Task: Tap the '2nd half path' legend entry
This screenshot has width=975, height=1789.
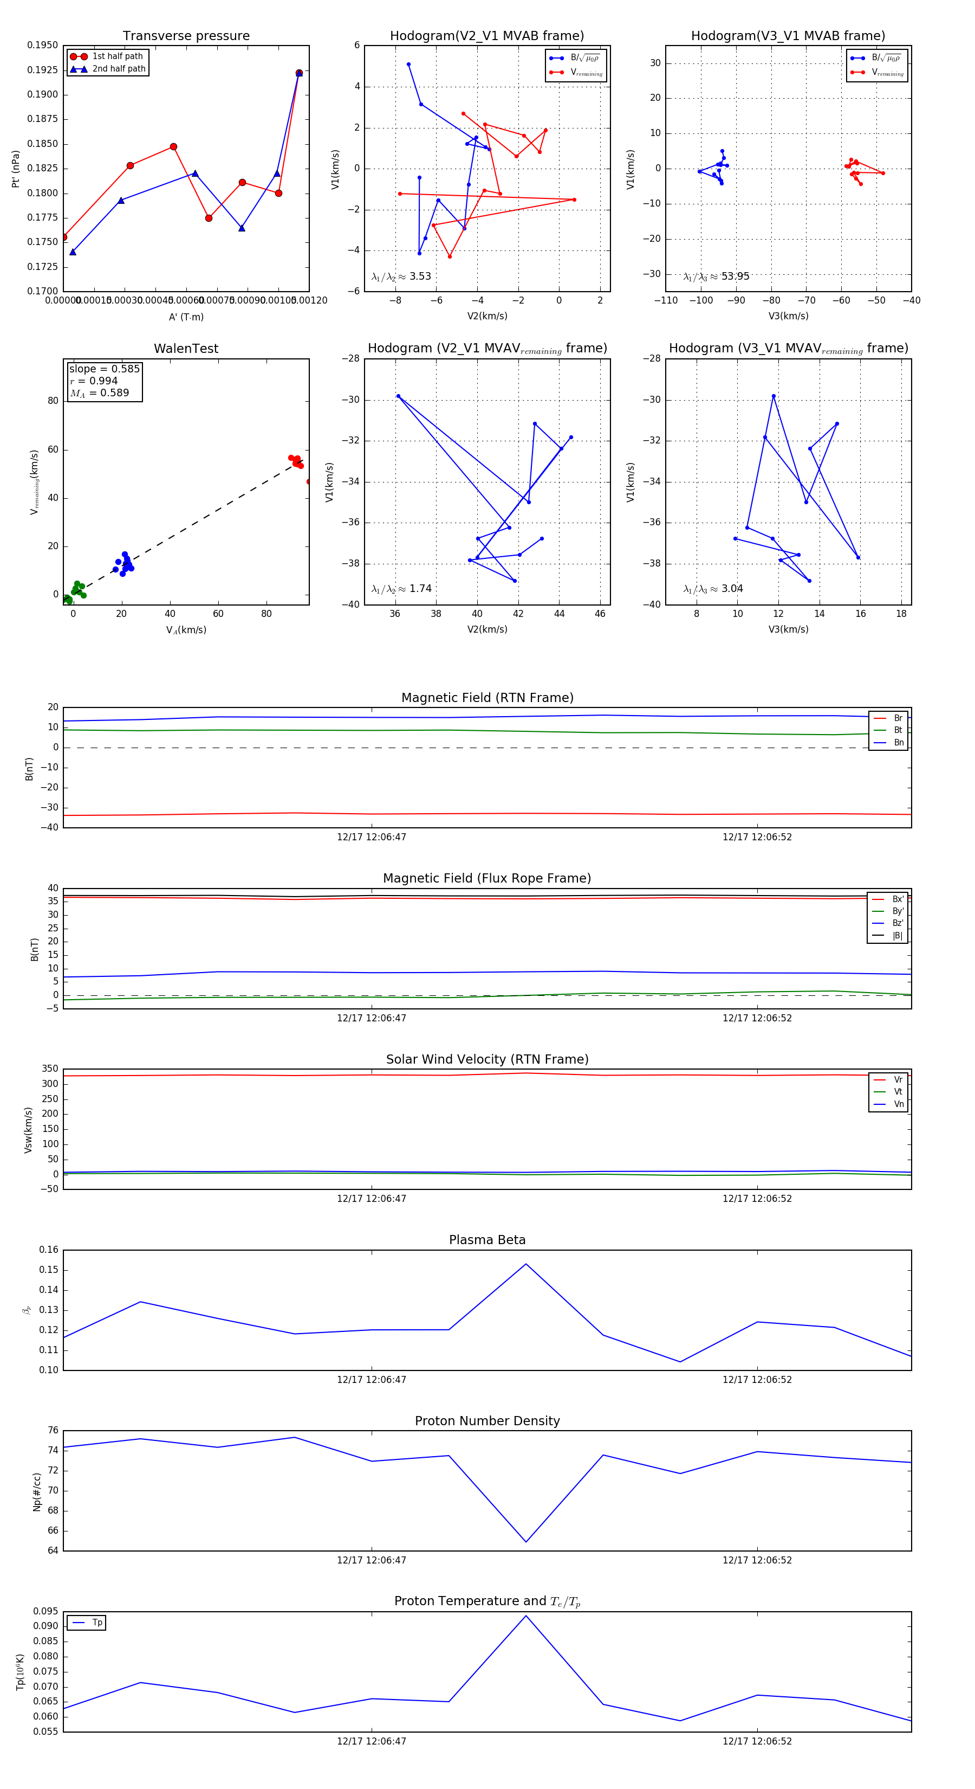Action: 119,69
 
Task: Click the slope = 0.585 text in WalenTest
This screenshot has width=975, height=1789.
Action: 104,369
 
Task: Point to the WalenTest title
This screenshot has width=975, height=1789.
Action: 186,349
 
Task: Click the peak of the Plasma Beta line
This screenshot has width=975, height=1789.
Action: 526,1264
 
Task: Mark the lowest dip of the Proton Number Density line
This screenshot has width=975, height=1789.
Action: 526,1542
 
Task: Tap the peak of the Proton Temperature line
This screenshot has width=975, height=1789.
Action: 526,1616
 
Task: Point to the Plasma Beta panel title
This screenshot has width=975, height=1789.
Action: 487,1240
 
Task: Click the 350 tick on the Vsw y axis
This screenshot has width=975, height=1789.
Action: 49,1069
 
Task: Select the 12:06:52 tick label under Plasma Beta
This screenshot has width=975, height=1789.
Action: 757,1380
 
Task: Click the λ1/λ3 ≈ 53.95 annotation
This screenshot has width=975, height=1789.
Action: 716,276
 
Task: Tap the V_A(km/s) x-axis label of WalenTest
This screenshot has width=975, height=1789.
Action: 186,630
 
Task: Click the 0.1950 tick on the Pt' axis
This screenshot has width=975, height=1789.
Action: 42,45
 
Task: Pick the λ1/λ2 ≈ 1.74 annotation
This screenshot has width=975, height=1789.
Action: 401,589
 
